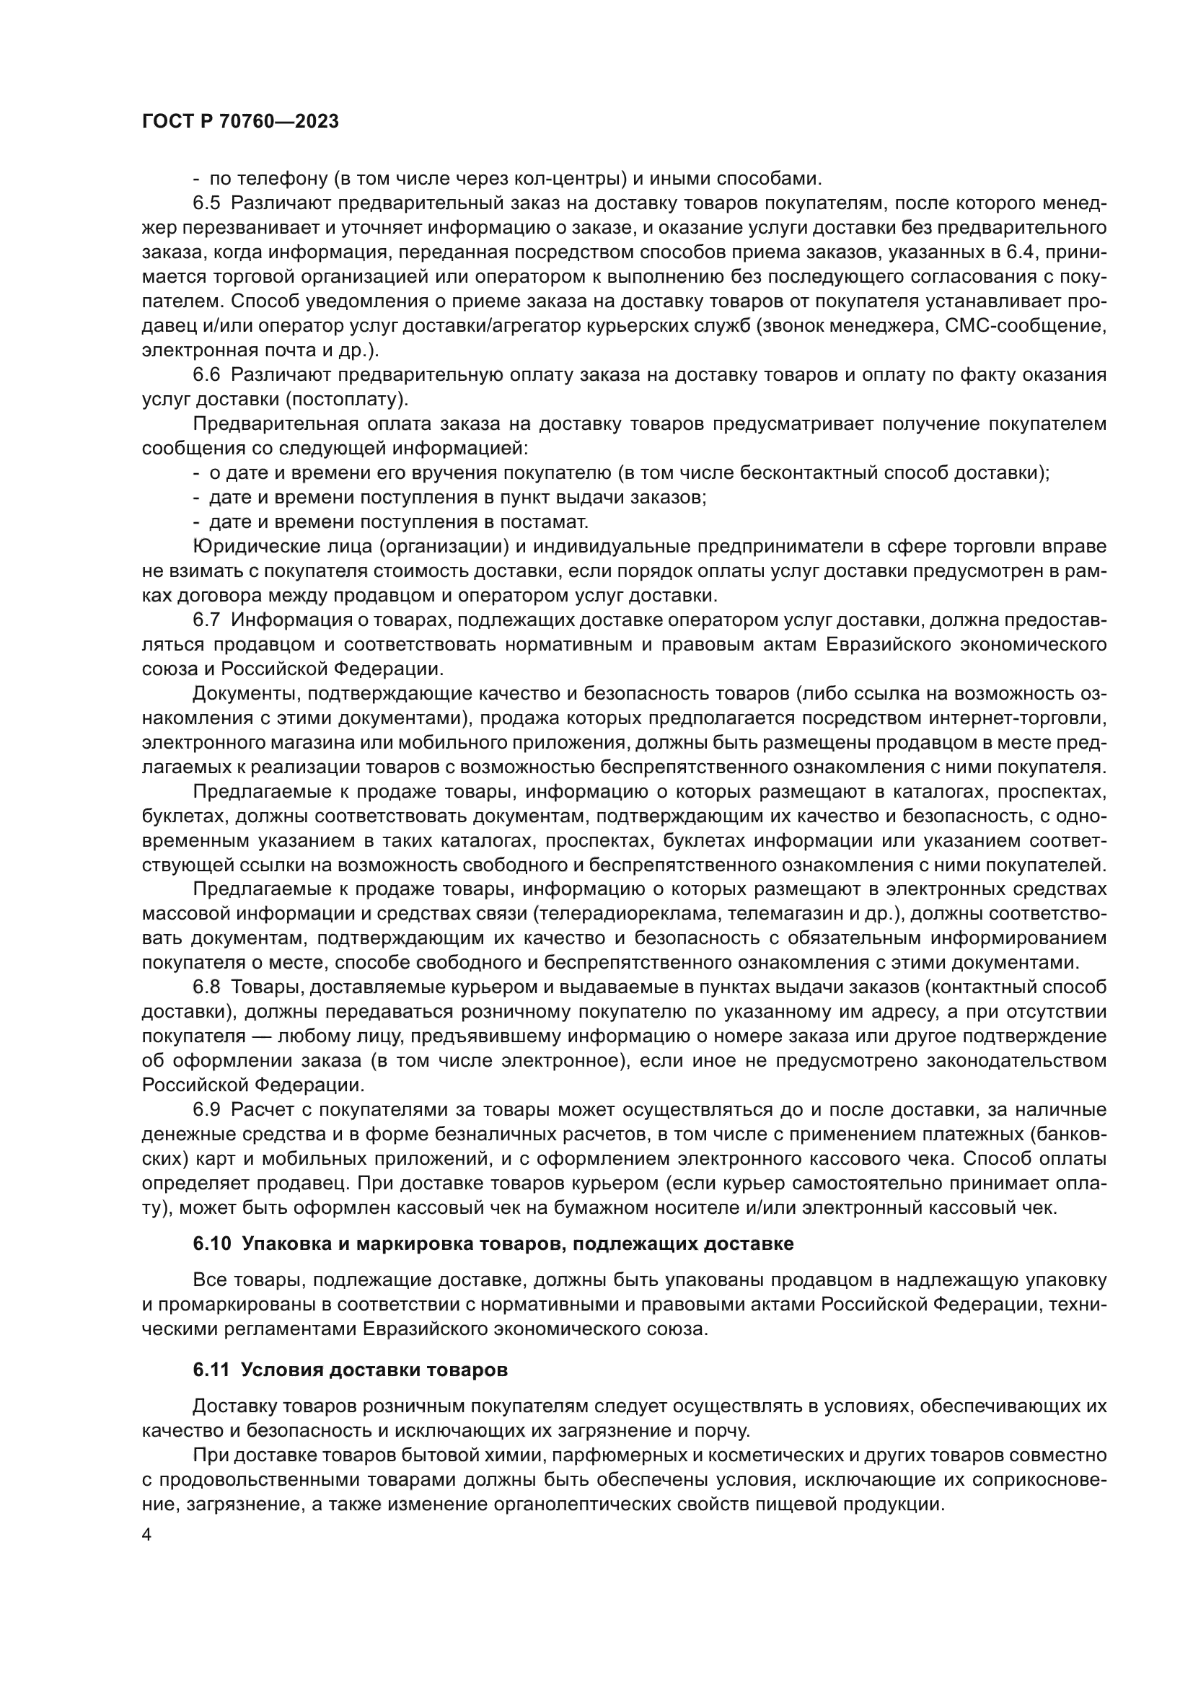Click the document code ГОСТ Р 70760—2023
(240, 122)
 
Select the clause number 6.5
(206, 203)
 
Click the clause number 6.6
(206, 375)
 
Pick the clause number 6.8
(206, 987)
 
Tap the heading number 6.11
(211, 1370)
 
